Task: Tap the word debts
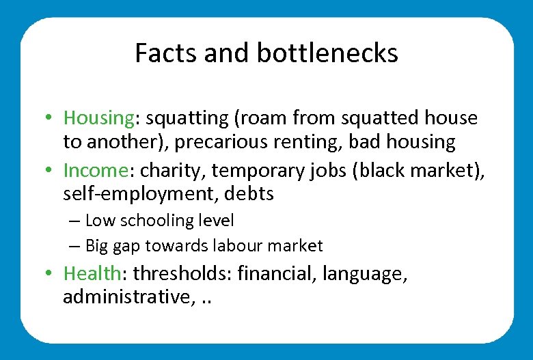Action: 249,195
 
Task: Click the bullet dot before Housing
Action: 51,119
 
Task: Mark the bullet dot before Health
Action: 51,275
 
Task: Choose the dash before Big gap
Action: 74,246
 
